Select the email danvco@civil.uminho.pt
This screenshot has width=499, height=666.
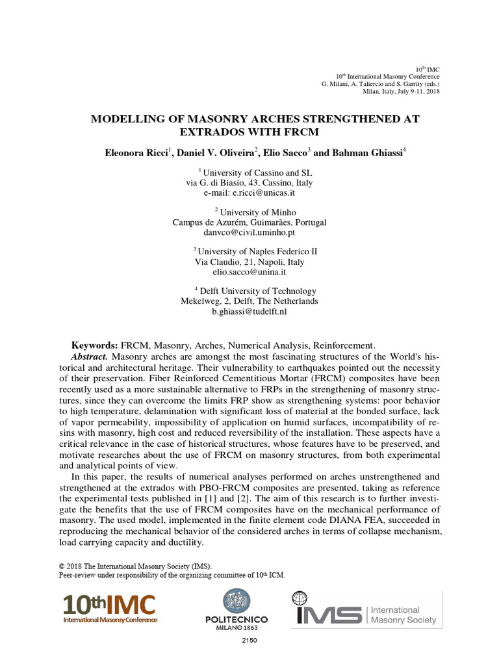249,232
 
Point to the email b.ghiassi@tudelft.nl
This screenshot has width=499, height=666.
249,312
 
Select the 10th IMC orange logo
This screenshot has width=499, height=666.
109,607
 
